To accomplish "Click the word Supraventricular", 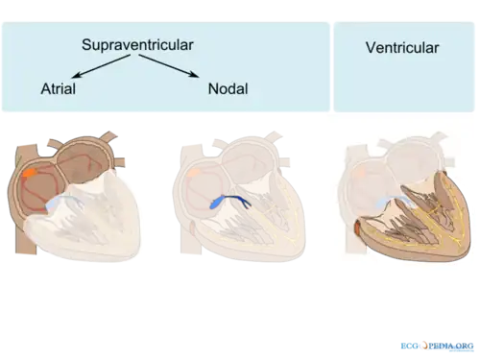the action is point(137,45).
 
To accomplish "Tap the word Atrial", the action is point(59,88).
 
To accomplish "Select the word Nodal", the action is point(228,88).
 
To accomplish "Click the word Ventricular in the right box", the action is point(402,48).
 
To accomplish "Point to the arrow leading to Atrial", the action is point(101,66).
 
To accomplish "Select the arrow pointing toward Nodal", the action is point(169,66).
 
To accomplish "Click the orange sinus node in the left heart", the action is point(30,173).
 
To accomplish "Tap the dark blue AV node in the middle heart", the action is point(228,201).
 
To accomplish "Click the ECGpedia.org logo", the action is point(437,346).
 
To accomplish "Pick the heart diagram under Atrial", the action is point(74,196).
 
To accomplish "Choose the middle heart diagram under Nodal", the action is point(239,197).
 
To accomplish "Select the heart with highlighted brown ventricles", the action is point(406,197).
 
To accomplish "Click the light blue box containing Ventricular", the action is point(404,67).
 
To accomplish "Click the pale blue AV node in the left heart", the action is point(60,203).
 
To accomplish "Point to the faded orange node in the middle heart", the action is point(194,173).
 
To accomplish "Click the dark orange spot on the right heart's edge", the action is point(357,228).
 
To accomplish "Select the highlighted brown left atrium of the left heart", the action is point(84,157).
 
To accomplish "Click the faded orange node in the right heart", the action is point(360,173).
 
